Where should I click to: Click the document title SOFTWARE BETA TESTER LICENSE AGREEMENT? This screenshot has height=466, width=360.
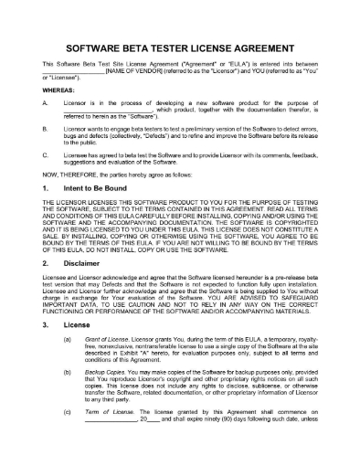(x=180, y=42)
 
